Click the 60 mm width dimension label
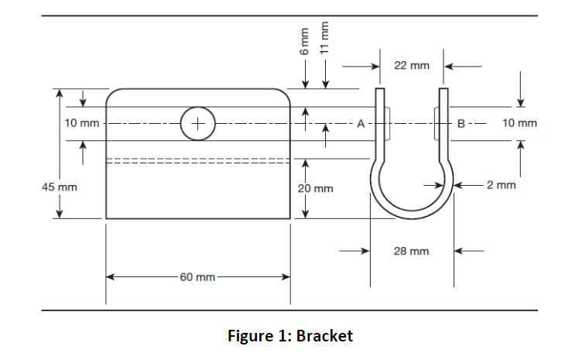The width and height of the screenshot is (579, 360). point(197,276)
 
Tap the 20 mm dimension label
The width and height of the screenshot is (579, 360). point(316,188)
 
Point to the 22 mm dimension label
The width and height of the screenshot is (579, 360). point(411,66)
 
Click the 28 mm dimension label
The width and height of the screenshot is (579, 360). point(411,251)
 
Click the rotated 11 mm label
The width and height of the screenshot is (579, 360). point(326,36)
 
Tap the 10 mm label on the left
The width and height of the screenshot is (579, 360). point(81,123)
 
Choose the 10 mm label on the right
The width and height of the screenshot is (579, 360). point(519,123)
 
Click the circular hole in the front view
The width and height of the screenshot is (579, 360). point(197,123)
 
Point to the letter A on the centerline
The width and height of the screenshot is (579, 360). point(360,123)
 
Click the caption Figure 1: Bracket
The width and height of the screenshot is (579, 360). point(289,336)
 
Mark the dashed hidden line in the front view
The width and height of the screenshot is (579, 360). point(197,161)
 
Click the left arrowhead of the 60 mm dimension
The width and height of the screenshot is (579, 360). point(110,276)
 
